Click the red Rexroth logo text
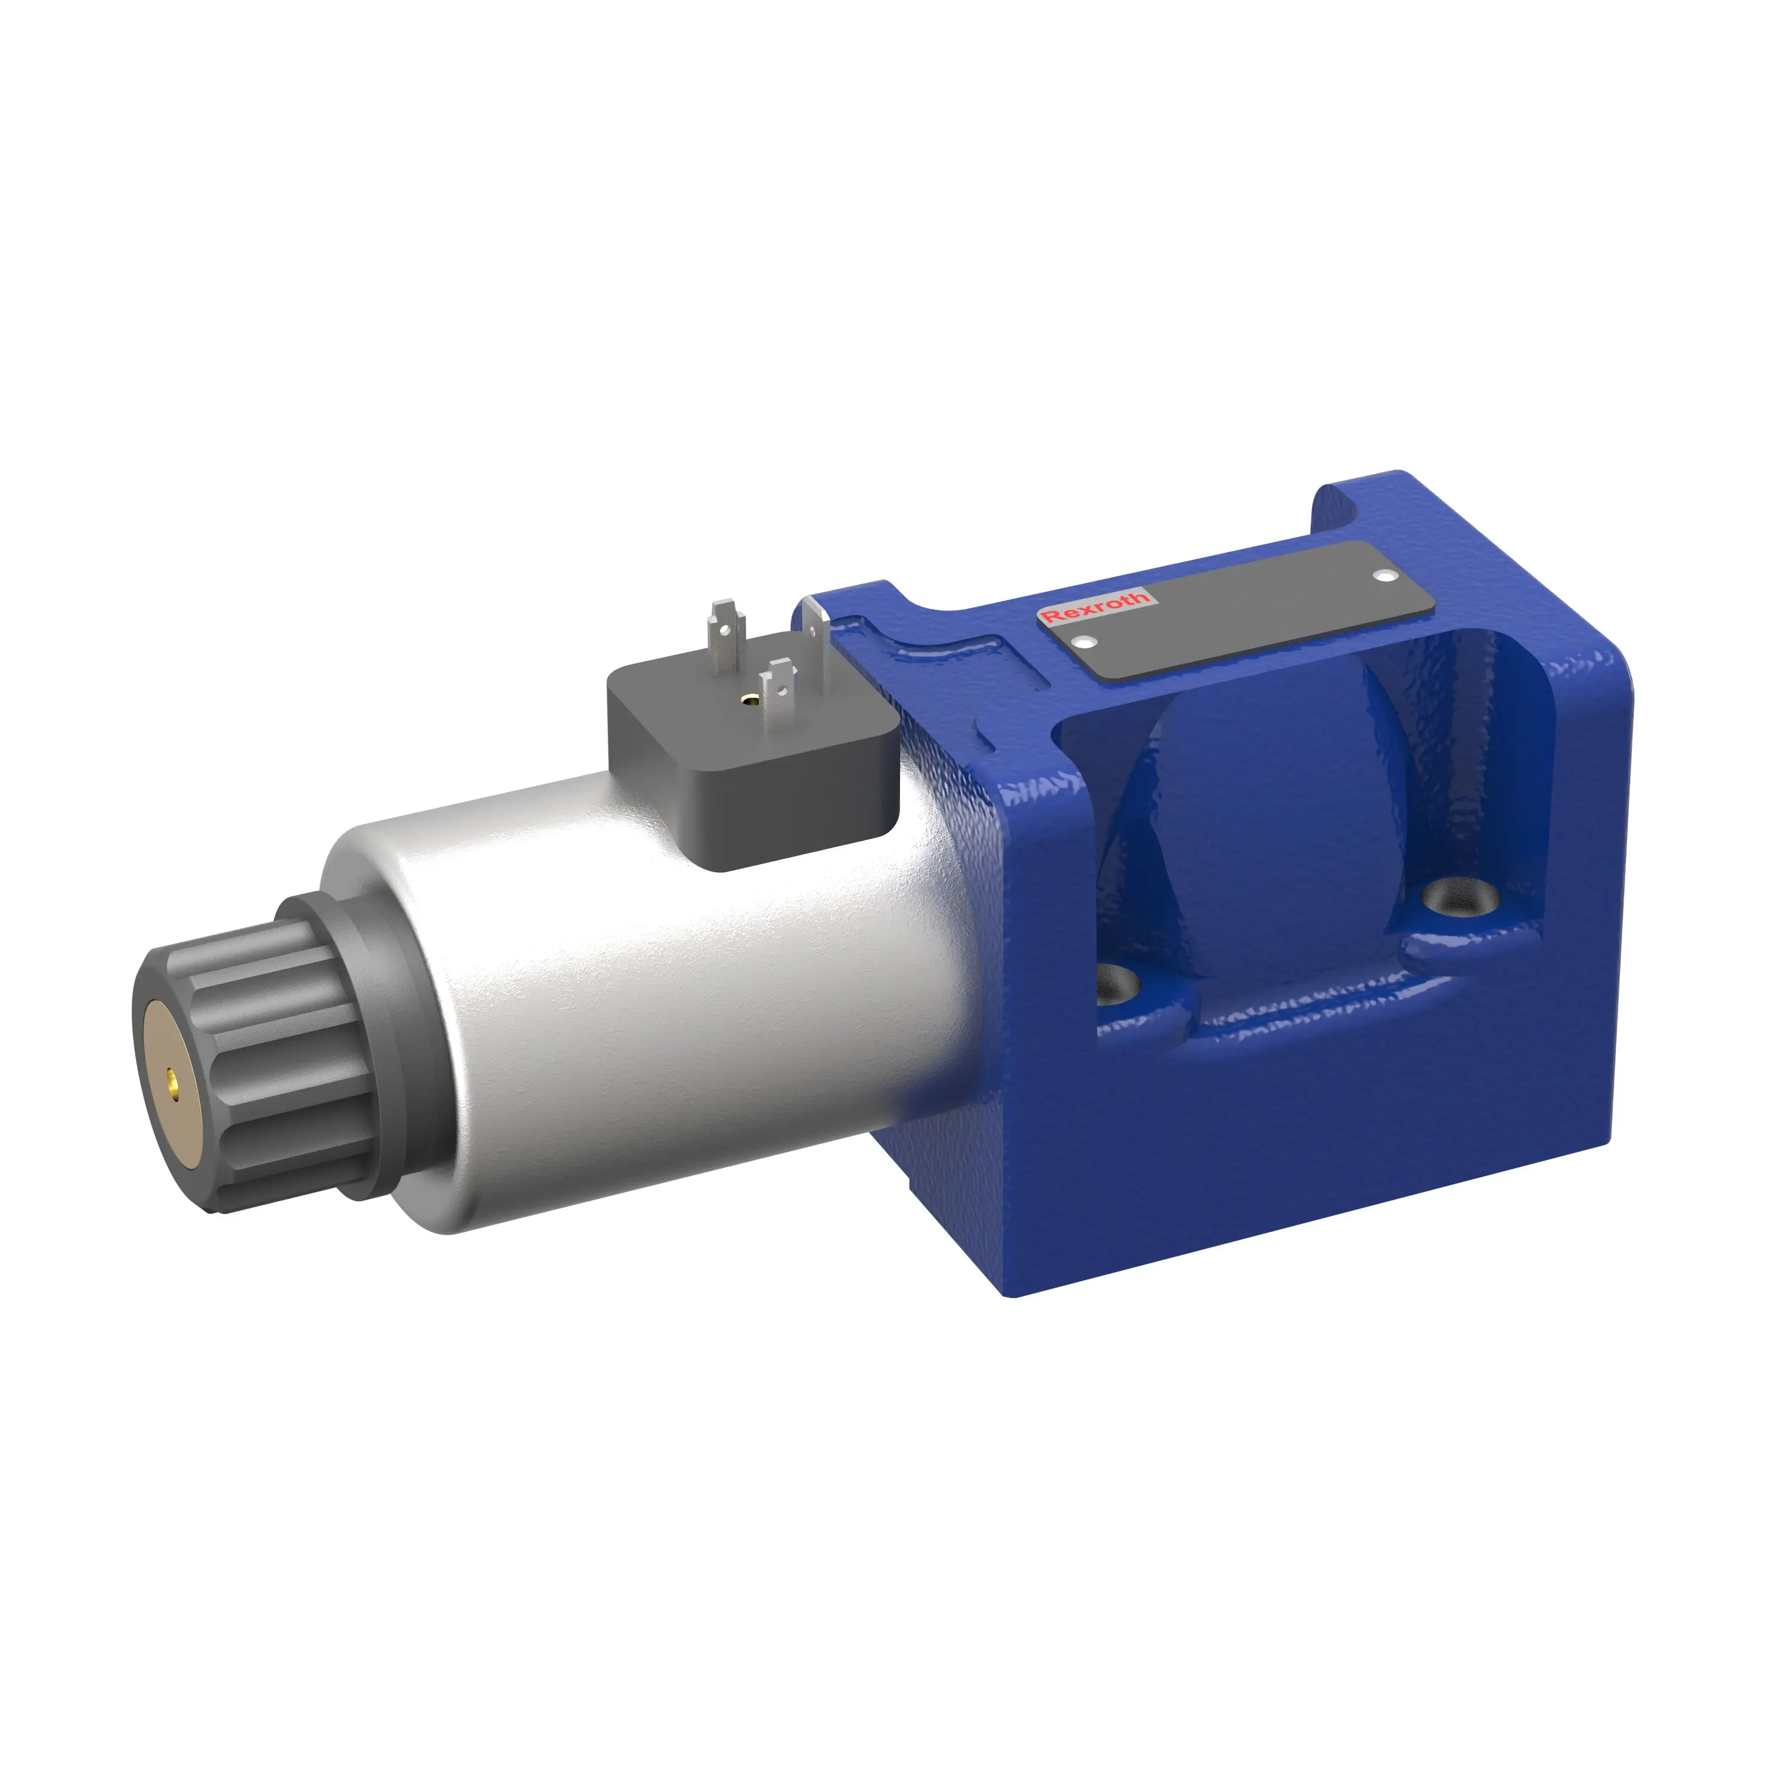coord(1095,607)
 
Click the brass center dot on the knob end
coord(171,1075)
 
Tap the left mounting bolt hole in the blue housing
coord(1119,986)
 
